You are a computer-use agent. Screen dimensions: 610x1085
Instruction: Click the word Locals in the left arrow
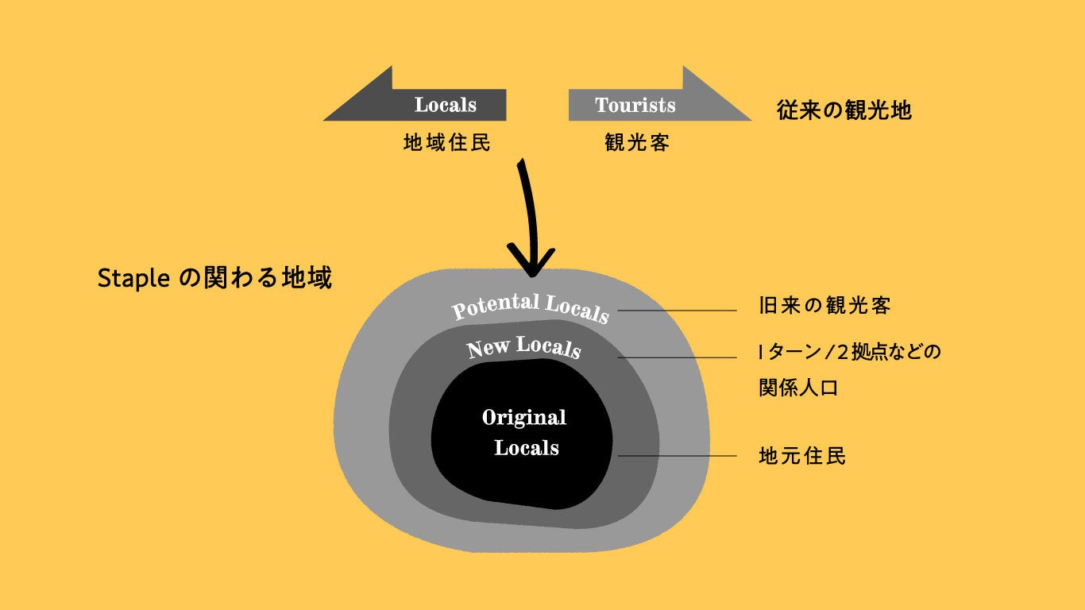pos(445,105)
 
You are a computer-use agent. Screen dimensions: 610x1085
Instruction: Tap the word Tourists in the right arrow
pos(635,105)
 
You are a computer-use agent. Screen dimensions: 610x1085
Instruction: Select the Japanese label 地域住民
pos(447,143)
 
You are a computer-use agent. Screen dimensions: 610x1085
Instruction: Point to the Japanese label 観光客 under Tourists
pos(637,143)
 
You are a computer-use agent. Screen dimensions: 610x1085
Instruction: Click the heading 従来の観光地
pos(844,110)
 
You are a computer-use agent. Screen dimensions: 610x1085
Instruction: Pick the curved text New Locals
pos(524,348)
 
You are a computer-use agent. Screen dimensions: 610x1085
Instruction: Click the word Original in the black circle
pos(524,418)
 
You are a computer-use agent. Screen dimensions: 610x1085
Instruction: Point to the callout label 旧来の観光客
pos(824,306)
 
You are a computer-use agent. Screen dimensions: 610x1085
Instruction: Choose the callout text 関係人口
pos(798,388)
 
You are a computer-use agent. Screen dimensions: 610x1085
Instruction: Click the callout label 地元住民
pos(802,456)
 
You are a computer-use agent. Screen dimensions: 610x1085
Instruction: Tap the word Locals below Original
pos(527,448)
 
